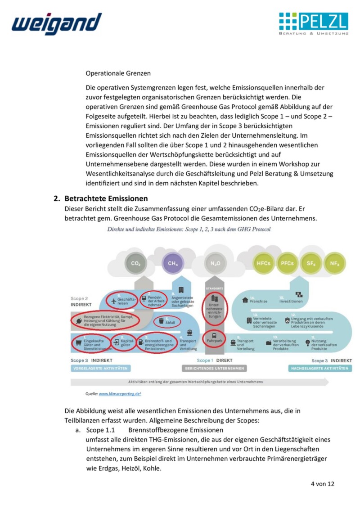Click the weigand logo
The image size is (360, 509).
click(x=56, y=24)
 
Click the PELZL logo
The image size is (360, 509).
click(x=313, y=24)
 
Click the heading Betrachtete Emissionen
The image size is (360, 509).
click(x=106, y=198)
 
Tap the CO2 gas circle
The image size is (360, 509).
click(x=135, y=263)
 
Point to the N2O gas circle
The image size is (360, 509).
click(x=216, y=263)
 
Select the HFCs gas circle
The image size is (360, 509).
click(x=263, y=263)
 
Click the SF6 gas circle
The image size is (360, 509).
click(x=311, y=263)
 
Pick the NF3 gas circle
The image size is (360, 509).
click(x=334, y=263)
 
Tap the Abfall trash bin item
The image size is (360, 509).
click(x=166, y=321)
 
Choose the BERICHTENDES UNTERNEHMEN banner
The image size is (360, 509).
click(x=215, y=368)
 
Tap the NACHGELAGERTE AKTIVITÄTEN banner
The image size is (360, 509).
click(x=319, y=368)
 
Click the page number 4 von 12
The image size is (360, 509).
click(x=322, y=484)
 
